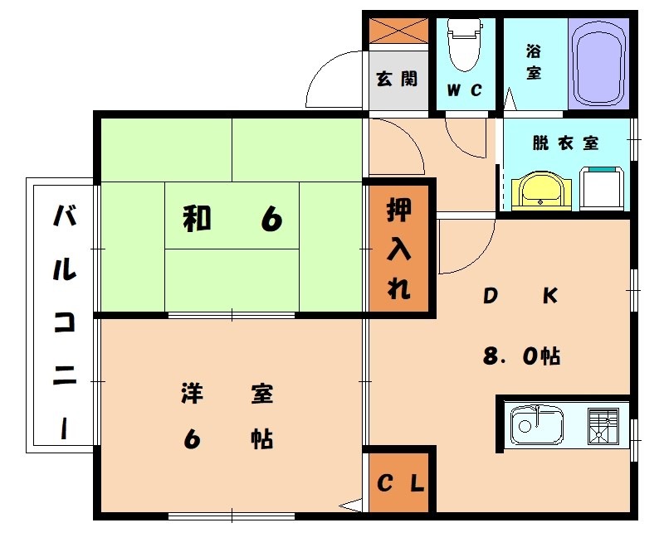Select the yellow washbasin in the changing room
tap(542, 191)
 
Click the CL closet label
tap(402, 482)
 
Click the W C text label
tap(464, 91)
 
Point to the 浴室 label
tap(534, 61)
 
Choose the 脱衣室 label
tap(565, 143)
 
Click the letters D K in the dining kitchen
tap(520, 296)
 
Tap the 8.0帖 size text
tap(521, 356)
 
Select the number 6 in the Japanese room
tap(271, 219)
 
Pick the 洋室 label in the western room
tap(227, 394)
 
